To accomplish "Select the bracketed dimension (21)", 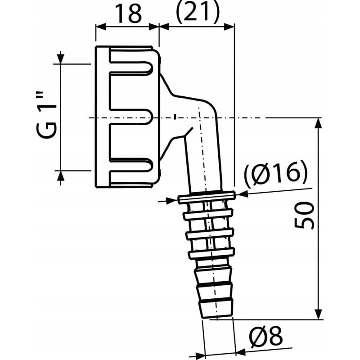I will click(197, 13).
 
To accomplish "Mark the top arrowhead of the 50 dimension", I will click(318, 122).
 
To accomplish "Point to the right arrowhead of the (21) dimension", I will click(230, 26).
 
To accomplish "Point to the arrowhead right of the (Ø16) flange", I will click(240, 194).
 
